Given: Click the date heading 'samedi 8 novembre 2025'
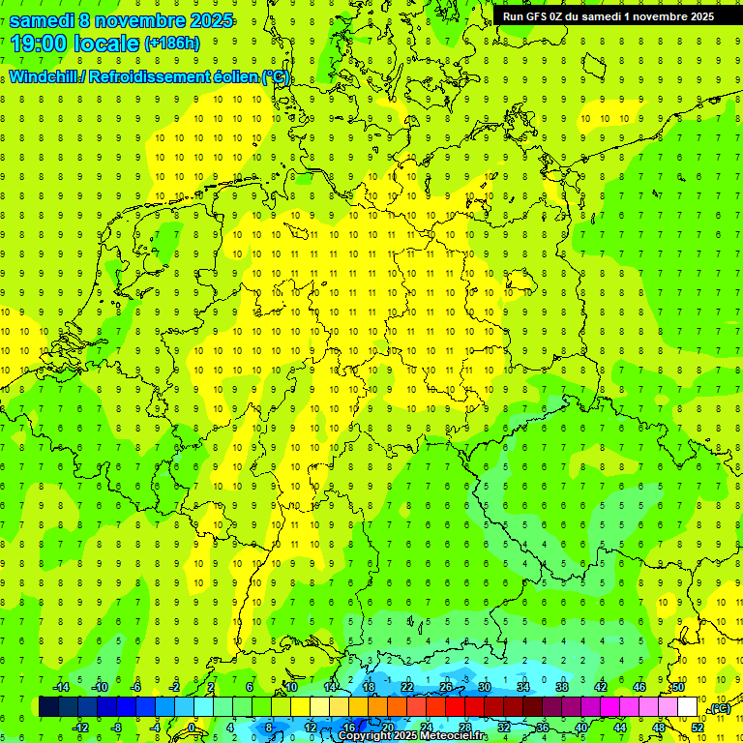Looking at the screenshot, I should coord(121,19).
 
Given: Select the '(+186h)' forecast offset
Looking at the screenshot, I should coord(171,44).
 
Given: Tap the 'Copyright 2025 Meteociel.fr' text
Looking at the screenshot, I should coord(413,736).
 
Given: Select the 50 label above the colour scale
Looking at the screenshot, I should coord(678,687).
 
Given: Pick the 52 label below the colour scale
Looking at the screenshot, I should coord(698,727).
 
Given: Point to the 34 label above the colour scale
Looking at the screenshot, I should coord(523,687).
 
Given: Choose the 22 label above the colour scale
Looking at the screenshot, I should coord(407,687).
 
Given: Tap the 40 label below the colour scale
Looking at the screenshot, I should coord(581,727).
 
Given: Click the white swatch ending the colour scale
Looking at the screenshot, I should coord(688,707).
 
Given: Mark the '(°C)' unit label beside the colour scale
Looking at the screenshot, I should coord(720,709).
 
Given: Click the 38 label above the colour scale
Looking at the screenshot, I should coord(562,687).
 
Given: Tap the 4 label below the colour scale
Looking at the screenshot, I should coord(230,727).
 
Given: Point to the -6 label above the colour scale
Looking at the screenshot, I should coord(136,687).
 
